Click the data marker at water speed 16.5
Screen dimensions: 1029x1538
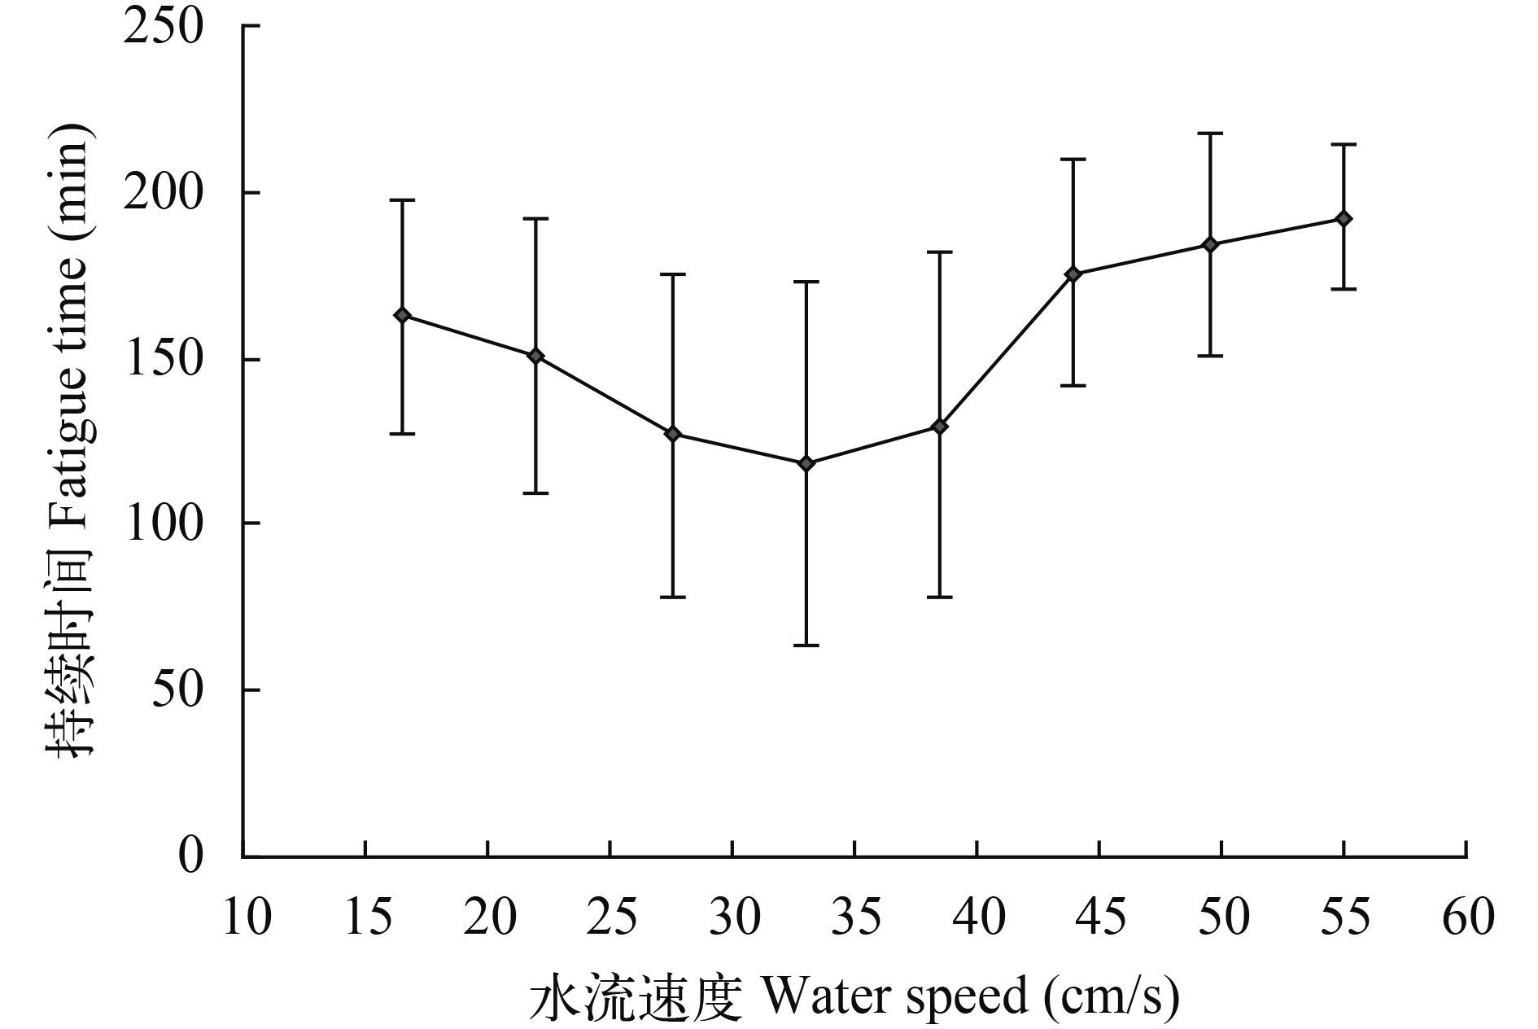(402, 315)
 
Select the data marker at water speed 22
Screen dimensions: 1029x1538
(535, 356)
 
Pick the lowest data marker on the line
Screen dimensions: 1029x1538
(806, 463)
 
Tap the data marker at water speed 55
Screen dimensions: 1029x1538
(1344, 219)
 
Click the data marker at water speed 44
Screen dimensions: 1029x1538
(1073, 274)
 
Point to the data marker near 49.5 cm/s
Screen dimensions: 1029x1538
(1210, 244)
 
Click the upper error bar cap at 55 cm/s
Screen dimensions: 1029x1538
(1344, 144)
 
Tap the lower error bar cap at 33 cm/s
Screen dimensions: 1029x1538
(806, 646)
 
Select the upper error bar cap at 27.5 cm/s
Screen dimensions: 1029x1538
(672, 274)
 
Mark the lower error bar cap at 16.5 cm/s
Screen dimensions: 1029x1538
(402, 434)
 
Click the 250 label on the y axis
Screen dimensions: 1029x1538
(163, 26)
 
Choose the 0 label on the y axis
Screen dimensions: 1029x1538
(190, 856)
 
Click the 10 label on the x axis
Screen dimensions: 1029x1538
(246, 917)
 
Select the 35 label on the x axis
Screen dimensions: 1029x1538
(856, 917)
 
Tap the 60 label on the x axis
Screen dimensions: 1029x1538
(1468, 917)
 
